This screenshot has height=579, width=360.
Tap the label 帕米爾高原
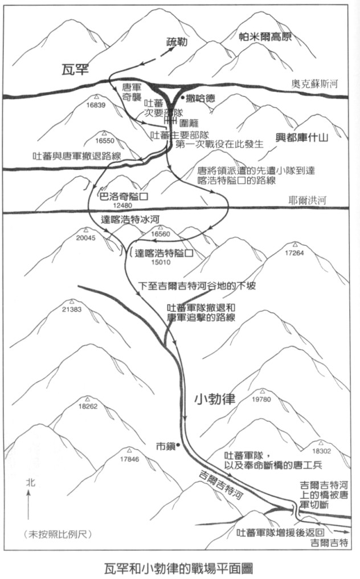(265, 37)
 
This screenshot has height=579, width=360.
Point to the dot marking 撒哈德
(182, 98)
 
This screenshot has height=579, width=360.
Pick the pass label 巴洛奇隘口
(124, 196)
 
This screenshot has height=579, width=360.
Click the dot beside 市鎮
(178, 445)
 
